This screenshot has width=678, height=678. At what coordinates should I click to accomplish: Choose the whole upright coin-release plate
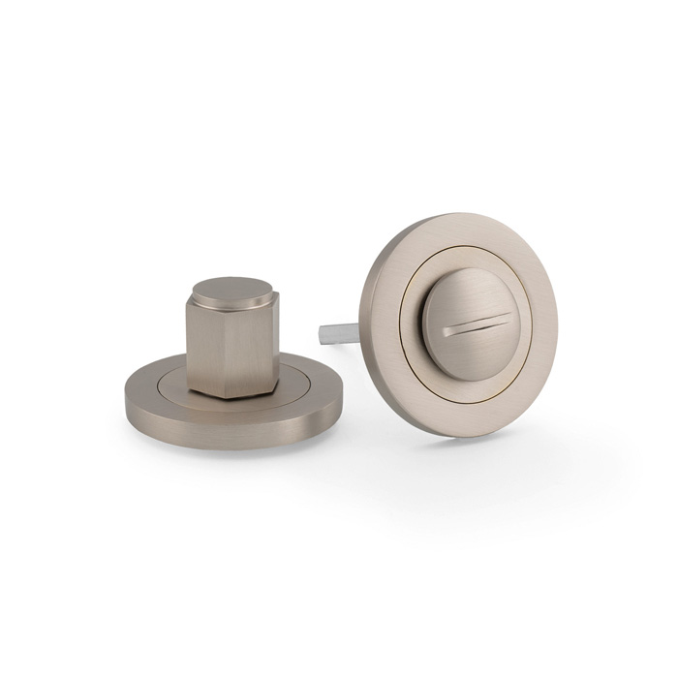point(455,324)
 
